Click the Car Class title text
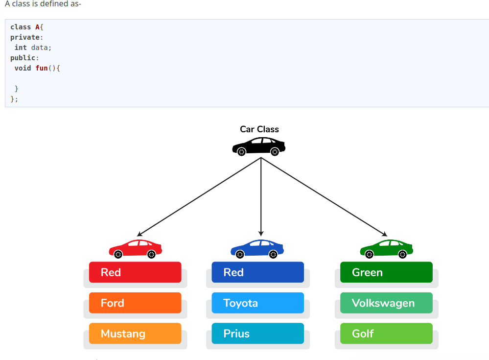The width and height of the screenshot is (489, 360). click(x=259, y=129)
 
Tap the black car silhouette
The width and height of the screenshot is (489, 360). click(x=258, y=146)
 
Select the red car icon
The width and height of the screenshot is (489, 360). click(x=135, y=249)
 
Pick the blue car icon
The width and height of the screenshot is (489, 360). click(x=257, y=249)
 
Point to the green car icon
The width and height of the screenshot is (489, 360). click(x=386, y=249)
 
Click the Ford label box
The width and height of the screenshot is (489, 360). click(x=135, y=303)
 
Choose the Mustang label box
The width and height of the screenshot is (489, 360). click(x=135, y=334)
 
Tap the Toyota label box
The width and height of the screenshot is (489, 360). click(x=257, y=303)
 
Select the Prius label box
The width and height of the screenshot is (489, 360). click(x=257, y=334)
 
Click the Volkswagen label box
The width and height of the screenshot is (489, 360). click(x=386, y=303)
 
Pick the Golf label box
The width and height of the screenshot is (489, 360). click(x=386, y=334)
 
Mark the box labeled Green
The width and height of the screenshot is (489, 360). click(x=386, y=272)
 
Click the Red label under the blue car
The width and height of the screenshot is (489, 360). click(x=257, y=272)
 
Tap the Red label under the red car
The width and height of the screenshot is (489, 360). click(x=135, y=272)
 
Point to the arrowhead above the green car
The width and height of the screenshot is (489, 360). click(x=384, y=234)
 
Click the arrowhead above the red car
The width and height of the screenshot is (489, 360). click(x=140, y=234)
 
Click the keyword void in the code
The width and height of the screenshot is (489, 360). click(x=23, y=68)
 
